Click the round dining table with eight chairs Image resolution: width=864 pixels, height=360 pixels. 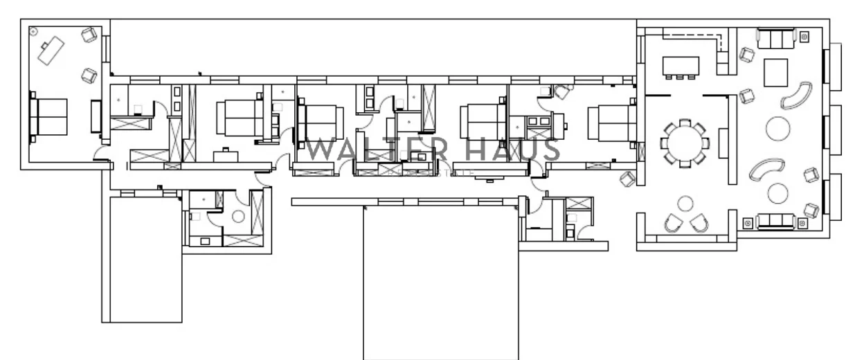click(685, 142)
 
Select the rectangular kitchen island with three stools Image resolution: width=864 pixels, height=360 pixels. click(681, 66)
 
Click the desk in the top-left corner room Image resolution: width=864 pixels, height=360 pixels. click(51, 50)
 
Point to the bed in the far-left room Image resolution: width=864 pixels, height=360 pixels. click(49, 116)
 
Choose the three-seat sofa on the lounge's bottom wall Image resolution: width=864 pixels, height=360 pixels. click(775, 221)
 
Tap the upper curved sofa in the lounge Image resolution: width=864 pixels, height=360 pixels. click(796, 96)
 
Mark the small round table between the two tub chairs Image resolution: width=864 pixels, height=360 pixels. click(685, 204)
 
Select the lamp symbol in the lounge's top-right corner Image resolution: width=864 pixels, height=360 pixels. click(804, 37)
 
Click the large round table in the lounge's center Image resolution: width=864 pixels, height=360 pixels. click(778, 127)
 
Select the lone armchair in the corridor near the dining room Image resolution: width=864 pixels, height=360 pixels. click(627, 178)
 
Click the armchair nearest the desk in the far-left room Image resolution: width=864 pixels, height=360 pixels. click(89, 35)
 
